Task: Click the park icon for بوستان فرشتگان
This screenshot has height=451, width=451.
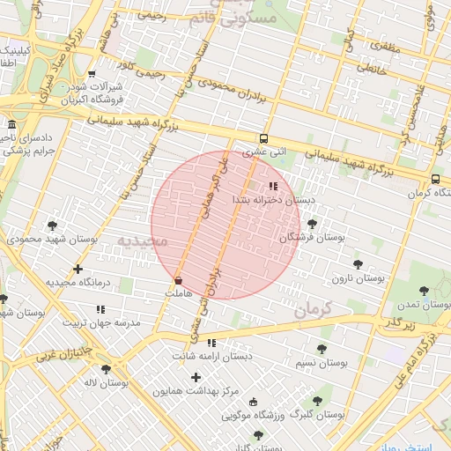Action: [x=312, y=224]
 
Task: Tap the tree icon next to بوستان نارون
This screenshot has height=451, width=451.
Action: [x=358, y=263]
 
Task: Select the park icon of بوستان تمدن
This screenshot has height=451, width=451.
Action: [x=424, y=290]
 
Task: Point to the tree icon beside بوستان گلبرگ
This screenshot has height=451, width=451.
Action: [x=317, y=401]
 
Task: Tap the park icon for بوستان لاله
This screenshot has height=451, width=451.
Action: [x=107, y=369]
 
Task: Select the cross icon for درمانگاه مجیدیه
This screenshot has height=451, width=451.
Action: [x=78, y=269]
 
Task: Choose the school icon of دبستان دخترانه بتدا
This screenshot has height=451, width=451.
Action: [x=273, y=186]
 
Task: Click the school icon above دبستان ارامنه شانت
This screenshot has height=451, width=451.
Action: [x=211, y=343]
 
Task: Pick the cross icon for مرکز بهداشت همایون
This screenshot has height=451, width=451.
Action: [x=196, y=377]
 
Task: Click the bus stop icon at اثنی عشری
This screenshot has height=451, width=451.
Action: [x=264, y=138]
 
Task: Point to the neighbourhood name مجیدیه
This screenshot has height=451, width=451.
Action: [x=142, y=240]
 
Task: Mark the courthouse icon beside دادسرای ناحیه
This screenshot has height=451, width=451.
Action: [x=11, y=124]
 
